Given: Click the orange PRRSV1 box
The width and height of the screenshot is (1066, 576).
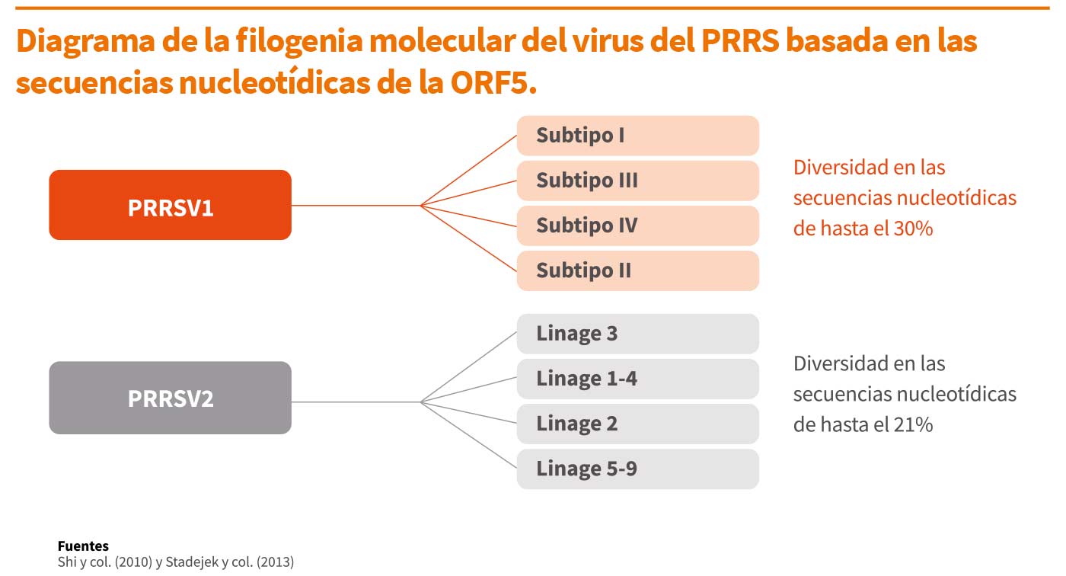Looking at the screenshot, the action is point(170,205).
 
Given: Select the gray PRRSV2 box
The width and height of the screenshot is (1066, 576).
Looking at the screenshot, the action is point(170,398).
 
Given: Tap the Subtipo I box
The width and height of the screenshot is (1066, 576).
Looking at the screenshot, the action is point(638,136).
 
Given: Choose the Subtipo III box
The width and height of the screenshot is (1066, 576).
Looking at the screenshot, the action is point(638,181).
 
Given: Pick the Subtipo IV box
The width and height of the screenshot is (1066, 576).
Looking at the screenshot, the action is point(638,226).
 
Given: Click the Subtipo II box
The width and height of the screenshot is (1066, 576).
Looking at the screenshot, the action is point(638,271).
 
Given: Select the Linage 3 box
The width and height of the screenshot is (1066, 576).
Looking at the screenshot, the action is point(638,334).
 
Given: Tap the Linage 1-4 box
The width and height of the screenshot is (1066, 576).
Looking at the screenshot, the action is point(638,379).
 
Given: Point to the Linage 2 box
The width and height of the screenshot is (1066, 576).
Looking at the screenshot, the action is point(638,424).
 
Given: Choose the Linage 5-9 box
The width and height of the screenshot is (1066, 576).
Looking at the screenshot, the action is point(638,469).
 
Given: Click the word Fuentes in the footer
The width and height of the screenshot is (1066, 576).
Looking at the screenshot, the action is point(83,546).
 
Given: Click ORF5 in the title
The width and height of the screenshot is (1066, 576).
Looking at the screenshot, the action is point(493,83).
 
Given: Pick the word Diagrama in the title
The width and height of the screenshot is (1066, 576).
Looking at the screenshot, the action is point(85,41).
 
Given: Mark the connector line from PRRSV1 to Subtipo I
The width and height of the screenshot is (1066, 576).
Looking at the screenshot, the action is point(469,171).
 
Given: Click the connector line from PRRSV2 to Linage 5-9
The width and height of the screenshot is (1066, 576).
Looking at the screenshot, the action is point(469,435).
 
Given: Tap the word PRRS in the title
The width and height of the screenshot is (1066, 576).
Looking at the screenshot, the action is point(740,40).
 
